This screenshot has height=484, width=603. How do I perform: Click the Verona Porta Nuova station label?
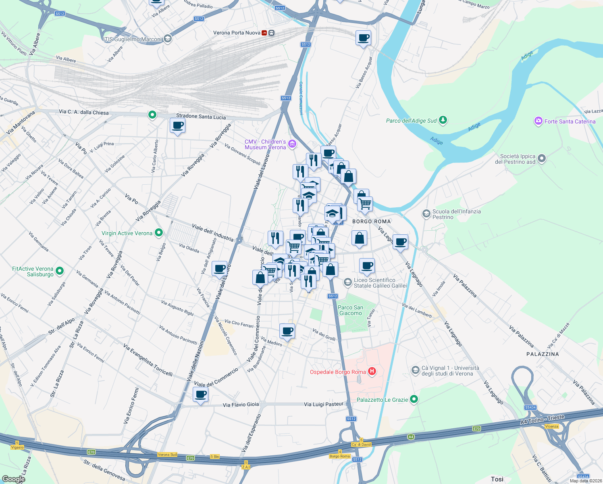(x=237, y=33)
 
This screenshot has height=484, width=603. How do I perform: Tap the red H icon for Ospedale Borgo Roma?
(x=372, y=371)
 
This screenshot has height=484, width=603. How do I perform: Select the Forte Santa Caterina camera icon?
(x=538, y=121)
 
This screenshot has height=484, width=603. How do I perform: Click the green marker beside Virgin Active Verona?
(x=159, y=233)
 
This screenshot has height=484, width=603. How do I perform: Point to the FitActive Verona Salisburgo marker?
(x=60, y=271)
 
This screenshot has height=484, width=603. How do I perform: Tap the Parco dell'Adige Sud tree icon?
(x=443, y=120)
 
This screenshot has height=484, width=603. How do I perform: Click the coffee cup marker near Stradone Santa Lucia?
(x=178, y=126)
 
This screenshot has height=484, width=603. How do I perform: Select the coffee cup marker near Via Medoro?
(x=287, y=331)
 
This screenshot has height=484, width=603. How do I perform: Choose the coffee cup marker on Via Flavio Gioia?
(x=200, y=394)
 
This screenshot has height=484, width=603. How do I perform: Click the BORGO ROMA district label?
(x=371, y=221)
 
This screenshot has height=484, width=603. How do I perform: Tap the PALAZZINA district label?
(x=543, y=354)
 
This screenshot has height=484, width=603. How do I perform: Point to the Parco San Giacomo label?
(x=350, y=310)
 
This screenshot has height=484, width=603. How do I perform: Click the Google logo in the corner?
(x=13, y=479)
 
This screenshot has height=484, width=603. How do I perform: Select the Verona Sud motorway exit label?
(x=167, y=455)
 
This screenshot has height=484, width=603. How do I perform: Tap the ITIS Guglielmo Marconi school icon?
(x=168, y=39)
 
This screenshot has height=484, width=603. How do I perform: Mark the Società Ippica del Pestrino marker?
(x=542, y=159)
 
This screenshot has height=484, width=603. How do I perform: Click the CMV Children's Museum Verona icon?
(x=292, y=144)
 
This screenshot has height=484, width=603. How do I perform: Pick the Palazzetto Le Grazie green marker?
(x=414, y=399)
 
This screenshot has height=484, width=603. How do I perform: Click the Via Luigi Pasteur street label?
(x=324, y=404)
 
